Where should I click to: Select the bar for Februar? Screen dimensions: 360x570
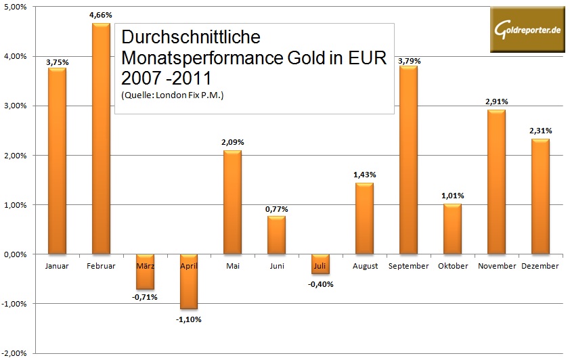click(x=101, y=139)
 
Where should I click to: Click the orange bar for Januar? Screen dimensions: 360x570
click(x=57, y=161)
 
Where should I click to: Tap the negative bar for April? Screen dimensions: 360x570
click(x=189, y=282)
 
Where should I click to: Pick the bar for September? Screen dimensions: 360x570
click(x=409, y=160)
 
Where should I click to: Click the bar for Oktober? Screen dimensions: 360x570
click(x=453, y=229)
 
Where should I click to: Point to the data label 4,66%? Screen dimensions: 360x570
click(x=100, y=14)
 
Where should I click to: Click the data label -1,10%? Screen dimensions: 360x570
click(x=189, y=319)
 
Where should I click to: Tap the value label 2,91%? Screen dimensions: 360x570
click(x=496, y=102)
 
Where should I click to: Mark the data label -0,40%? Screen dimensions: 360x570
click(x=321, y=284)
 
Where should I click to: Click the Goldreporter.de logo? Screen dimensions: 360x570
click(x=527, y=30)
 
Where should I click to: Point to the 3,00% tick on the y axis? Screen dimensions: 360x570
click(x=14, y=106)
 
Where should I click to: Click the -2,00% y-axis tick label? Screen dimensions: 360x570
click(x=13, y=353)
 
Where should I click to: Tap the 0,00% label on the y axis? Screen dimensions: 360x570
click(x=14, y=254)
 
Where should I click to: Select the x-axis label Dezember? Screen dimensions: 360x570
click(x=540, y=266)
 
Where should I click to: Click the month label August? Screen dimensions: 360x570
click(x=365, y=266)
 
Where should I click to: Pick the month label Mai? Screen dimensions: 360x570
click(x=232, y=266)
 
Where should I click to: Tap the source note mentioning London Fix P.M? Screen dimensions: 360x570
click(x=173, y=95)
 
